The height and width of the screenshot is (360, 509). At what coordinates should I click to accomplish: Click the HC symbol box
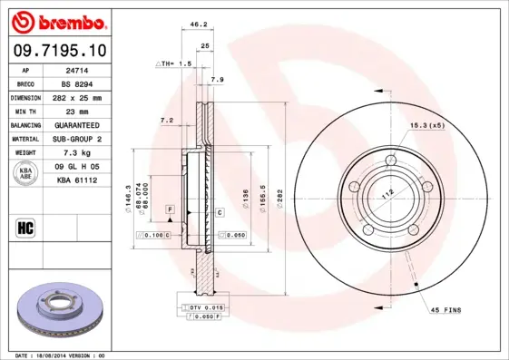[25, 227]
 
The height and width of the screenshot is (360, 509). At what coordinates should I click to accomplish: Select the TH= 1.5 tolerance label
[174, 64]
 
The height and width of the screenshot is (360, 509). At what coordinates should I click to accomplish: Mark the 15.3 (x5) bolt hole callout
[426, 124]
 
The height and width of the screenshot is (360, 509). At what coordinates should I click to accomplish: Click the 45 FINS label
[445, 310]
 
